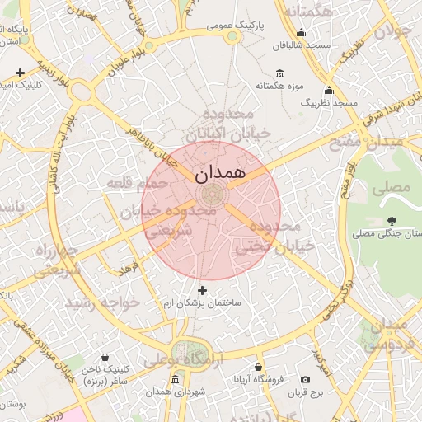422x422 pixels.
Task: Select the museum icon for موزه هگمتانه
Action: [x=280, y=73]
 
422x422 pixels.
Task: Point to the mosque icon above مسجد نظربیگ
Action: [x=329, y=90]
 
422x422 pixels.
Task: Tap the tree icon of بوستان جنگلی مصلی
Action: [x=391, y=221]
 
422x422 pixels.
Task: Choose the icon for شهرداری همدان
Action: [x=174, y=380]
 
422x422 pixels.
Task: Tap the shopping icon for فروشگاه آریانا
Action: [x=258, y=367]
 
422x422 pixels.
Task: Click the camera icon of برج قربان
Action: [x=306, y=380]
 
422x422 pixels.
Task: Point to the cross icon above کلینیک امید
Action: [x=20, y=73]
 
